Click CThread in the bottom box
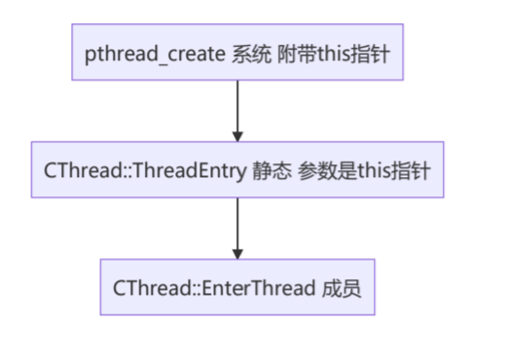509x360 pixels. click(x=144, y=287)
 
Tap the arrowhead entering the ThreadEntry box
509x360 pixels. click(x=237, y=135)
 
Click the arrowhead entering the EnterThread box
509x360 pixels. click(x=237, y=253)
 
